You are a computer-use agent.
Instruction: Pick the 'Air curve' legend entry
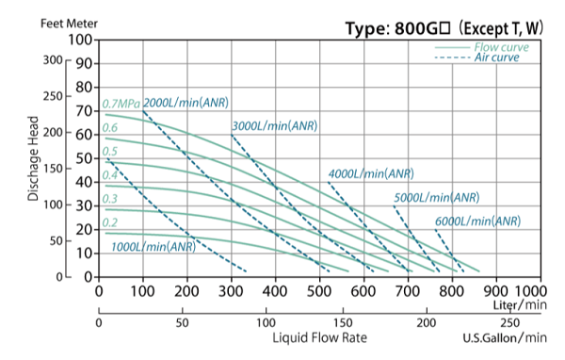click(x=495, y=57)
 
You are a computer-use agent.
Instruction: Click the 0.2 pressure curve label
click(x=110, y=222)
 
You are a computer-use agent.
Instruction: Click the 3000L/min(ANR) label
click(x=274, y=125)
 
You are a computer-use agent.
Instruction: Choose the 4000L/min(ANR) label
click(x=371, y=173)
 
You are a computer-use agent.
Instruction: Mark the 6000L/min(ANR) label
click(x=477, y=221)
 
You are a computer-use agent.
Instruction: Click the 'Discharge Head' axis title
click(x=34, y=158)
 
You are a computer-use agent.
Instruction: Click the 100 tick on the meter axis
click(x=81, y=41)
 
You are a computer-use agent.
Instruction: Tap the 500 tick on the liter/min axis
click(x=319, y=291)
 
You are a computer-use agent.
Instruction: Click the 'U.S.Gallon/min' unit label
click(x=504, y=337)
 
